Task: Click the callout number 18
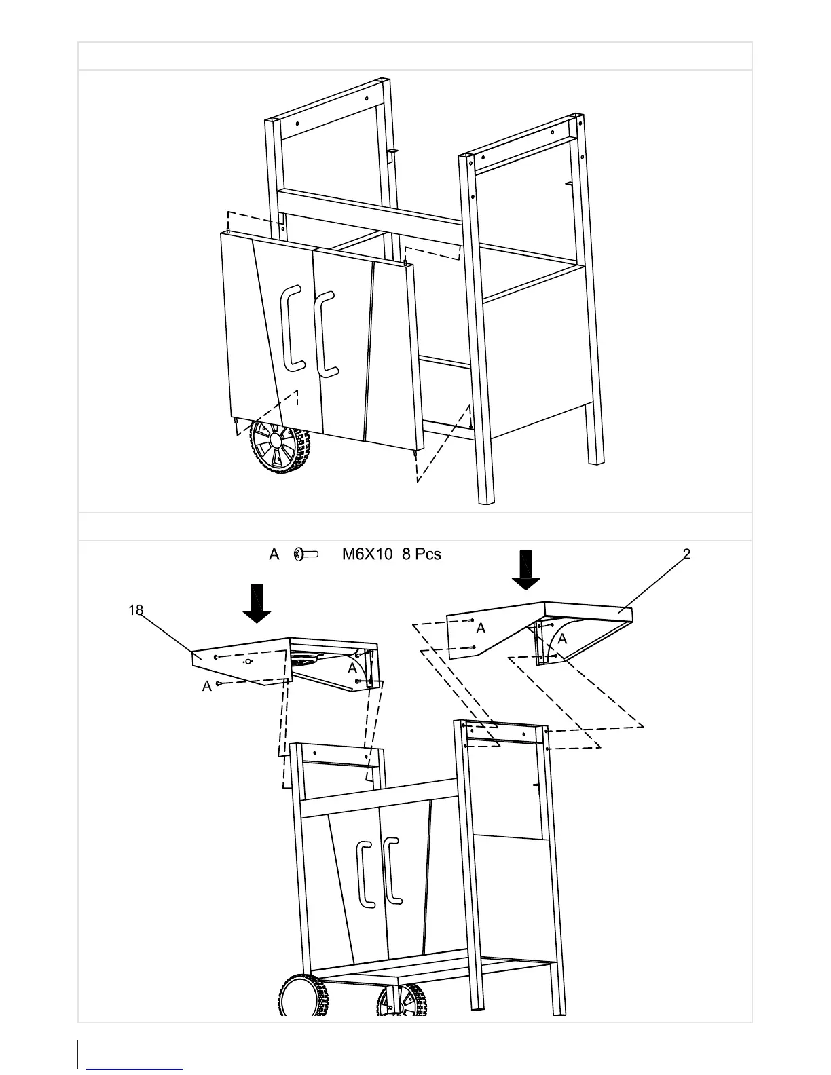[136, 610]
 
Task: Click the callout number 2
[686, 554]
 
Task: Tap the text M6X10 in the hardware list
[367, 554]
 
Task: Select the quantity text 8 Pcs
[421, 554]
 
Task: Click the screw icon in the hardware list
[306, 554]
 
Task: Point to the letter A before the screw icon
[274, 554]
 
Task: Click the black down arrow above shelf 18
[257, 603]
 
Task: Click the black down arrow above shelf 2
[525, 570]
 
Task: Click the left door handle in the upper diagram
[291, 328]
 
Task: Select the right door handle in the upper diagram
[326, 333]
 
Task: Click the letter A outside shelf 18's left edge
[206, 687]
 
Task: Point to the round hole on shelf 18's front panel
[248, 662]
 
